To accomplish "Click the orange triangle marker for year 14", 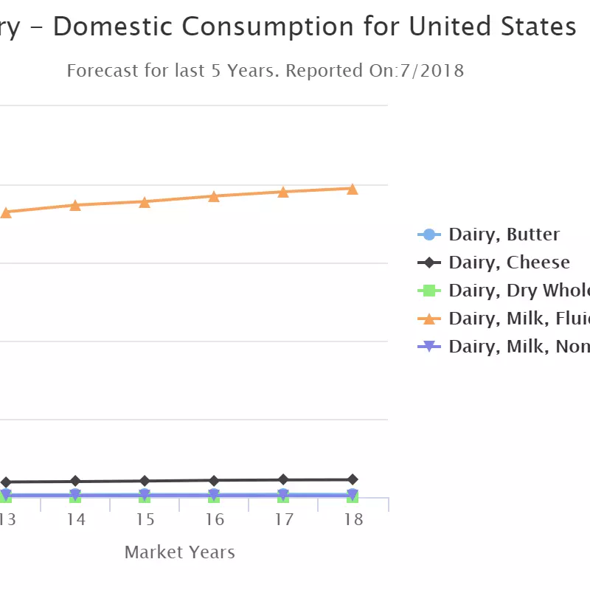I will click(75, 205).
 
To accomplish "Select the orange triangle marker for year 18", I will click(353, 189).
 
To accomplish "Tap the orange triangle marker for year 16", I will click(214, 196).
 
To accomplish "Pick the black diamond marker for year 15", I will click(145, 481).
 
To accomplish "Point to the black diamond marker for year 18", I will click(353, 479).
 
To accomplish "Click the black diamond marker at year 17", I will click(283, 479).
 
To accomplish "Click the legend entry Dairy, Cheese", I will click(509, 263).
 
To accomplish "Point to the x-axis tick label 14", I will click(75, 520).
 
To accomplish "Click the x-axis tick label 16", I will click(214, 520).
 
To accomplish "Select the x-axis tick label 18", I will click(353, 520).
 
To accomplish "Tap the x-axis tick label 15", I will click(145, 520).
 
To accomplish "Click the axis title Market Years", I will click(179, 552).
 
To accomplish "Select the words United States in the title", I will click(493, 27).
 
